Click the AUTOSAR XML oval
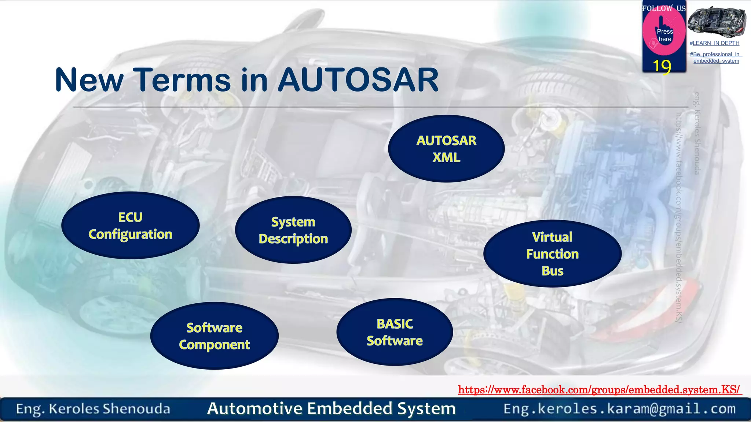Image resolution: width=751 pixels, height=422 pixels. (x=446, y=149)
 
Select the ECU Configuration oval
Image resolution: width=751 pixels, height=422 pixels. (x=130, y=225)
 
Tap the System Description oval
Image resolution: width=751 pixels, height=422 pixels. (x=293, y=230)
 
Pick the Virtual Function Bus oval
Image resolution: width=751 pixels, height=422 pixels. (x=552, y=253)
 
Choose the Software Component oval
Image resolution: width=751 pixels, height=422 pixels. (x=214, y=336)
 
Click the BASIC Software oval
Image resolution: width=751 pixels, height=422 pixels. (x=395, y=332)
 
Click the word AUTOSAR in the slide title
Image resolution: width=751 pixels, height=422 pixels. (x=358, y=80)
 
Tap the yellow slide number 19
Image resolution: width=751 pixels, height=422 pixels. (x=662, y=66)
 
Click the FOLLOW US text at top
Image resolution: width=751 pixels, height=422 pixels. (x=663, y=8)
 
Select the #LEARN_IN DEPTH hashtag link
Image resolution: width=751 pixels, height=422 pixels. (x=714, y=43)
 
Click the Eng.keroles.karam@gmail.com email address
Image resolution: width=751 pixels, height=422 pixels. (x=619, y=408)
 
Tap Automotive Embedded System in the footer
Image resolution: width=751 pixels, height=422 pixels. (x=331, y=408)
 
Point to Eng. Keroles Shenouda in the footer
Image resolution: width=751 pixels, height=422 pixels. (x=93, y=409)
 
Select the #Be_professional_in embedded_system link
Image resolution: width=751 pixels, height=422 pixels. (x=716, y=58)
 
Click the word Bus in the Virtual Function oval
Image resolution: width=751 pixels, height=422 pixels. (x=552, y=271)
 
